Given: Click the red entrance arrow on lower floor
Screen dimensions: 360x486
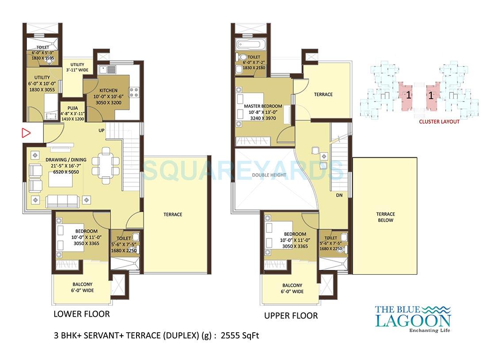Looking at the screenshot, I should tap(27, 133).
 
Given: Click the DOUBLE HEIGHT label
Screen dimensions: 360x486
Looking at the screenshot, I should tap(269, 175).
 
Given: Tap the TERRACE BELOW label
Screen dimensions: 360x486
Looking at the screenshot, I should tap(385, 217).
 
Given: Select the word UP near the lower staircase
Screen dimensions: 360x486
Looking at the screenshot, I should tap(101, 130).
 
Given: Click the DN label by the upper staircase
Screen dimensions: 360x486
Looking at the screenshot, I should tap(339, 195).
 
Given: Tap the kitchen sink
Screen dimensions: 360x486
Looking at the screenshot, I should tap(107, 69).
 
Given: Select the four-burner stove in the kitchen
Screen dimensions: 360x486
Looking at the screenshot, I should tap(133, 92).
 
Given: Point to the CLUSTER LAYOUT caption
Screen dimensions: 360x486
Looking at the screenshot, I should tap(439, 121).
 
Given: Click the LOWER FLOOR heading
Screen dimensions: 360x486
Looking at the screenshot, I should tap(81, 314).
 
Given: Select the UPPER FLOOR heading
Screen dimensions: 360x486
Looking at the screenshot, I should tap(291, 315).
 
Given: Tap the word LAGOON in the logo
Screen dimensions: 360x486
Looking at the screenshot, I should tap(413, 320).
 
